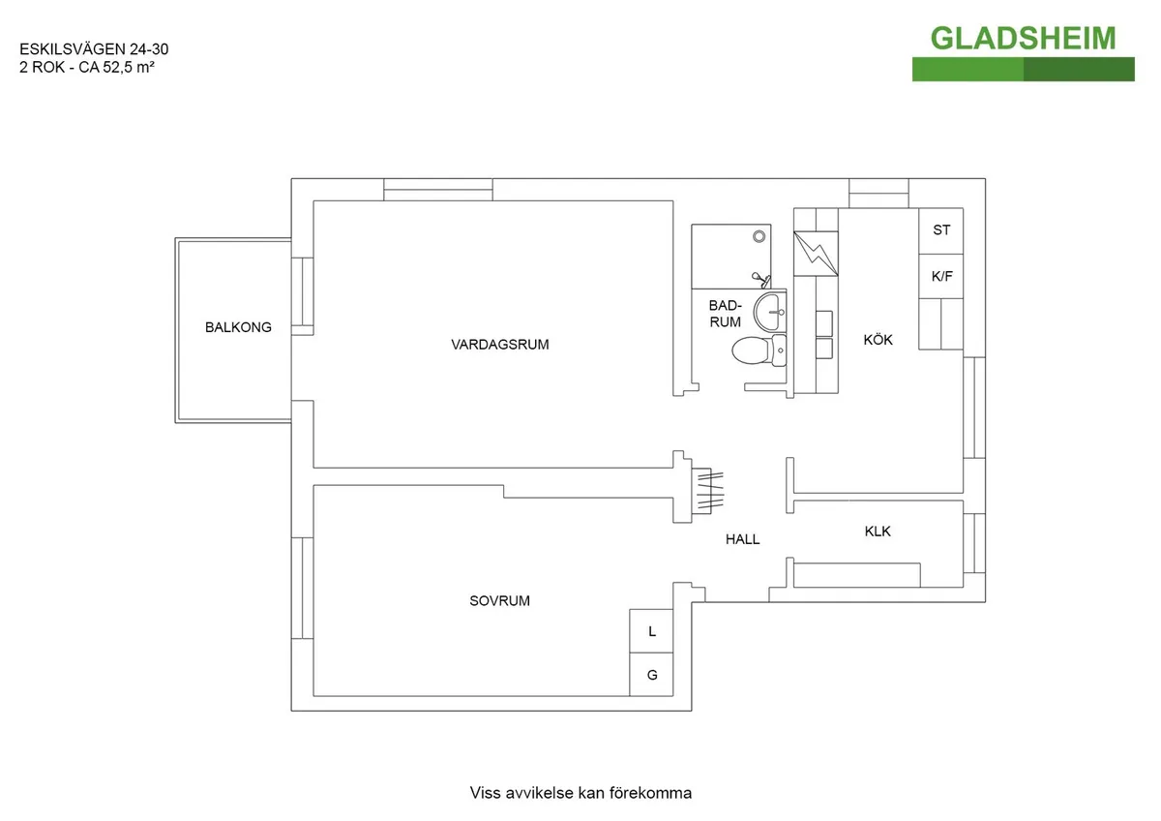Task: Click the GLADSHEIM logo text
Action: pos(1023,38)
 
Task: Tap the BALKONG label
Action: pos(238,327)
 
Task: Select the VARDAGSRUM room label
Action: pos(499,345)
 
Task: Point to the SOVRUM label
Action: pos(499,600)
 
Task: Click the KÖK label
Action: pos(878,340)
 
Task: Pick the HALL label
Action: pos(742,539)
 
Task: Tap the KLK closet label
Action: pos(877,532)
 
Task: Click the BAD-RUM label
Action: pos(725,314)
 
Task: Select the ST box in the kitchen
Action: pos(940,230)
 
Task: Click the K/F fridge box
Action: pos(940,277)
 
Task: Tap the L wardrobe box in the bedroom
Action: pos(652,631)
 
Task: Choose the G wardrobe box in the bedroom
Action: pos(652,675)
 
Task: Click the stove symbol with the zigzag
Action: pos(816,254)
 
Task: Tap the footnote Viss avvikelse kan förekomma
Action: pos(580,793)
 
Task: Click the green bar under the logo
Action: pos(1023,69)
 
